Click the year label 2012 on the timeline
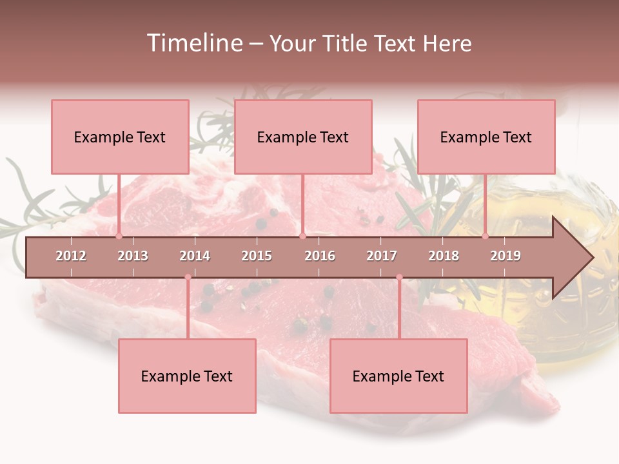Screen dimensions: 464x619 click(71, 256)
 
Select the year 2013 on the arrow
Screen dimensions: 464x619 click(133, 256)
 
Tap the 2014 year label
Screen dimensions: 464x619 click(195, 256)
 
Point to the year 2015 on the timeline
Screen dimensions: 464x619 click(257, 256)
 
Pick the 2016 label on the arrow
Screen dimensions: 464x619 click(320, 256)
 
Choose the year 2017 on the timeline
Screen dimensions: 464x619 click(382, 256)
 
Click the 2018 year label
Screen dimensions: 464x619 click(444, 256)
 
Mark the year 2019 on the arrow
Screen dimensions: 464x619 click(506, 256)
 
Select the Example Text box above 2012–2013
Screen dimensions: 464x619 click(120, 137)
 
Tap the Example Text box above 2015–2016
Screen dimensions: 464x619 click(303, 137)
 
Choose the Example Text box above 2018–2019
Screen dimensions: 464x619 click(486, 137)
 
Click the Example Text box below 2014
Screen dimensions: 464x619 click(187, 376)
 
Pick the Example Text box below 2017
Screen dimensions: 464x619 click(398, 376)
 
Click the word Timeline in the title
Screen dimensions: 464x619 click(194, 43)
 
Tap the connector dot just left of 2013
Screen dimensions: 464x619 click(119, 236)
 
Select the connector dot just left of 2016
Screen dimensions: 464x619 click(302, 236)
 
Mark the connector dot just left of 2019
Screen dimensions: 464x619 click(486, 236)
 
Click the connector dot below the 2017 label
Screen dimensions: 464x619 click(399, 277)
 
